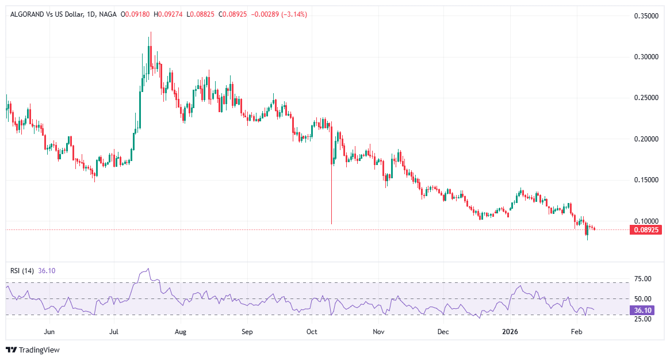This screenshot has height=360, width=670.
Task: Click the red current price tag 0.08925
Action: tap(646, 229)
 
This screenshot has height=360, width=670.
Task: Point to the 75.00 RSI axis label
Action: tap(642, 279)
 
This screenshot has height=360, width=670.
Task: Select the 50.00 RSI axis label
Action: tap(642, 299)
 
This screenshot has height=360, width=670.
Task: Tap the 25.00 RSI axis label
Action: tap(642, 319)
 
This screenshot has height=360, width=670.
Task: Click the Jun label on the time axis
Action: tap(49, 332)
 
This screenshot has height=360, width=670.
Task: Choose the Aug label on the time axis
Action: tap(181, 332)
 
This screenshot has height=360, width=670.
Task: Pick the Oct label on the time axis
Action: tap(312, 332)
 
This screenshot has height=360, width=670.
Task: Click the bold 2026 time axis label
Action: tap(510, 332)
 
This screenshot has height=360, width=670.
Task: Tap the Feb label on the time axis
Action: tap(575, 332)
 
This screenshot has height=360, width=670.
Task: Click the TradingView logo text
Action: tap(39, 350)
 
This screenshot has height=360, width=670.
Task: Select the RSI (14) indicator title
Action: tap(22, 271)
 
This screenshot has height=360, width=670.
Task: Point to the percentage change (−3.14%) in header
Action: tap(293, 14)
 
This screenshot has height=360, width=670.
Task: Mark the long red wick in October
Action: tap(332, 196)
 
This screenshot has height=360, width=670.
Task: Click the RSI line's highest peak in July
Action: tap(148, 269)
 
